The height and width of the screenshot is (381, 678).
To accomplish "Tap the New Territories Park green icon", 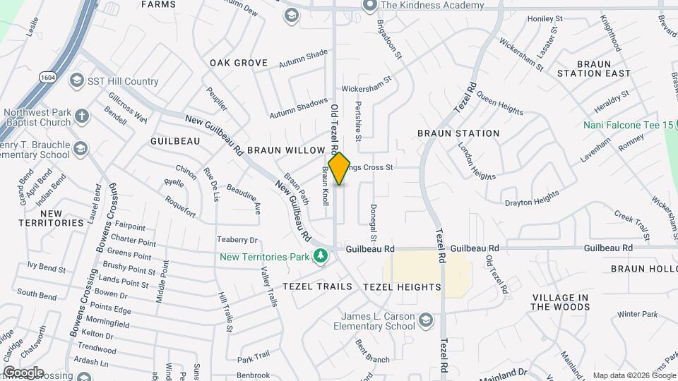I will point(321,255).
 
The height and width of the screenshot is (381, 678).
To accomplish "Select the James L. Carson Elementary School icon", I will point(425,322).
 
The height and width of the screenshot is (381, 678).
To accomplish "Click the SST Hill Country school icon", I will point(76,81).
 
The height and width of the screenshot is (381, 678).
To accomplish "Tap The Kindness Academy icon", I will point(369,5).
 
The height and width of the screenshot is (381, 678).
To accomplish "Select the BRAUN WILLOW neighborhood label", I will point(285,150).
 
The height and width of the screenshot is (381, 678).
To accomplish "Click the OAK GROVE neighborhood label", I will point(239,63).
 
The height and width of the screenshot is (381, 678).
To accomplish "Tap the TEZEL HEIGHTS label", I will point(401,287).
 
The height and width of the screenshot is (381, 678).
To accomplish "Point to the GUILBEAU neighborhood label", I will point(175,141).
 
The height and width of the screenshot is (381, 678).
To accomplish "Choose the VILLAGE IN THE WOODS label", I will point(560,302).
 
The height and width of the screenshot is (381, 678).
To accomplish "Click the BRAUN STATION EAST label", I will point(593,68).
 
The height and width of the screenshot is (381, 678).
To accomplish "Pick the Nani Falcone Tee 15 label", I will point(629,125).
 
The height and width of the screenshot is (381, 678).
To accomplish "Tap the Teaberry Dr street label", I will point(237,240).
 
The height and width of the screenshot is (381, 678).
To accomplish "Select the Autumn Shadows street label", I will point(299,109).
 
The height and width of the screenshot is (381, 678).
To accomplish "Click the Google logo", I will point(23,372).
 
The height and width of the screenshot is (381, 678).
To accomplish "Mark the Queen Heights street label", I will point(499,102).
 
